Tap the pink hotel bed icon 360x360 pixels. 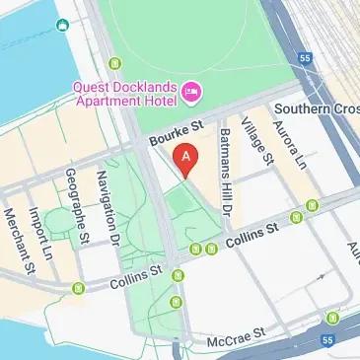point(191,94)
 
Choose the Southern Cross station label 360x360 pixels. point(317,108)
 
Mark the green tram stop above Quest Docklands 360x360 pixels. point(113,63)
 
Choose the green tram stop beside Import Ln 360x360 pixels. point(79,287)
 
